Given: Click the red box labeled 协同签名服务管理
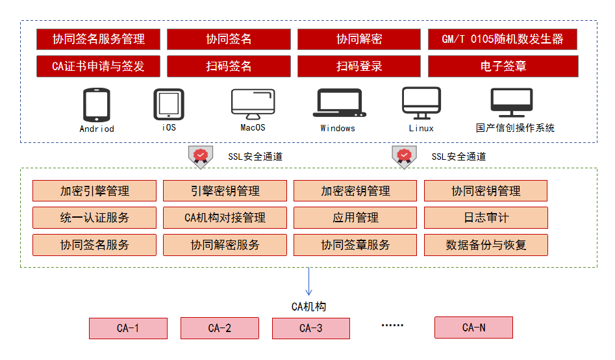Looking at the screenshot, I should (99, 39).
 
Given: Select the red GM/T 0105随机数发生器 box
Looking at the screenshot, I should (503, 39).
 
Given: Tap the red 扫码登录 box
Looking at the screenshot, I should (359, 66).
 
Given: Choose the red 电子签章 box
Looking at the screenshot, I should (503, 66).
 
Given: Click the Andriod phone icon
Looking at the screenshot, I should (96, 105).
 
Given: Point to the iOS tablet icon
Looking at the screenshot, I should (168, 105).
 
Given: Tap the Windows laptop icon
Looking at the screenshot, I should (338, 104).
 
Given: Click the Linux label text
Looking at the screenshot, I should (421, 129).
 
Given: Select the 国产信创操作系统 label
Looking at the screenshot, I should (515, 129).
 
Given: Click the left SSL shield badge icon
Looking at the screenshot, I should (201, 156).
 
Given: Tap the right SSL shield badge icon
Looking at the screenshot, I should (404, 156).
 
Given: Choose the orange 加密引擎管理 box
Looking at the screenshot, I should (95, 191).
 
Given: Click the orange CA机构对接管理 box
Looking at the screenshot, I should (225, 218).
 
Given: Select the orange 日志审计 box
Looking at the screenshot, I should (486, 218).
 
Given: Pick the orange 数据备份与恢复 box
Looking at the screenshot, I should (486, 245).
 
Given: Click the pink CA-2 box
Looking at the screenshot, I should (220, 328).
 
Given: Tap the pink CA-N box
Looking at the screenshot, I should (473, 328).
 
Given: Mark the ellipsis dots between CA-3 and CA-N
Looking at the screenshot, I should (392, 324).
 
